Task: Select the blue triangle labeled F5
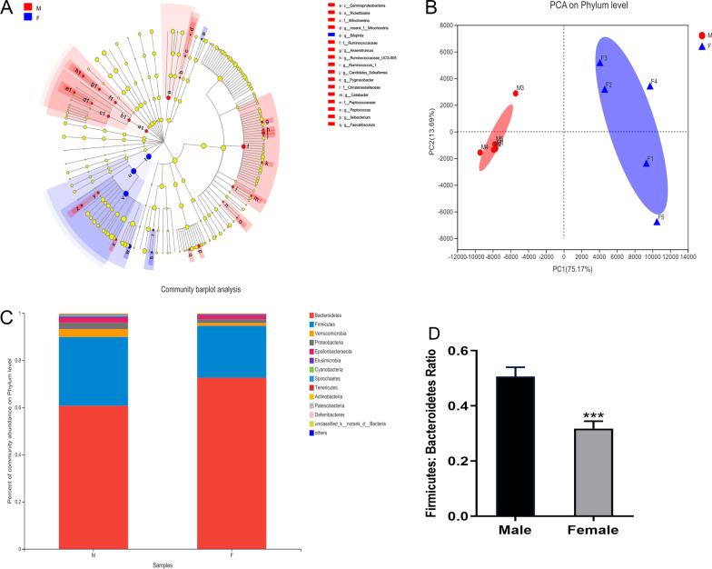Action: coord(657,221)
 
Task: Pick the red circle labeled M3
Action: coord(516,94)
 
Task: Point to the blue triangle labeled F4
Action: coord(650,85)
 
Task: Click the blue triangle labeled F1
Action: coord(647,164)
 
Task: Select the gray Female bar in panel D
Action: coord(593,472)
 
